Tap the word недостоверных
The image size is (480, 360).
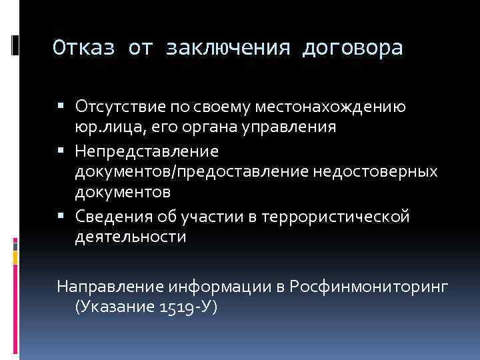coord(374,171)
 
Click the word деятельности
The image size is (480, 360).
coord(131,237)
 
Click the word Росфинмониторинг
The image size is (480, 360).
coord(369,287)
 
